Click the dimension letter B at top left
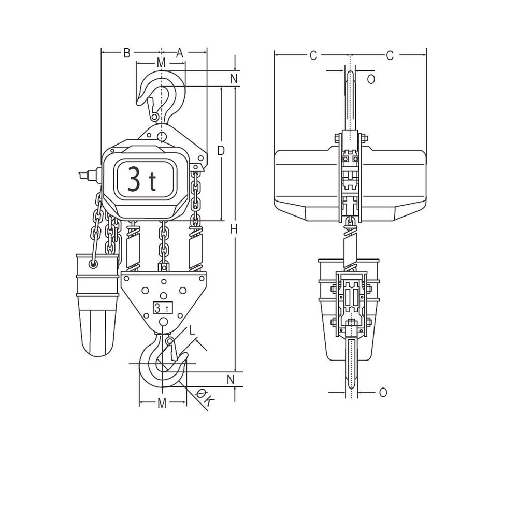click(x=125, y=52)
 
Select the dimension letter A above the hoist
click(x=180, y=52)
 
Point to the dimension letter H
click(x=234, y=228)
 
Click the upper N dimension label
click(x=234, y=79)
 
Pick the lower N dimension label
click(x=234, y=378)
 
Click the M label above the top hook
click(x=161, y=63)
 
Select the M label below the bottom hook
click(x=162, y=404)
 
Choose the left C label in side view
click(x=313, y=56)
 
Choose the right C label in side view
click(x=390, y=56)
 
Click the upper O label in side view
click(x=370, y=79)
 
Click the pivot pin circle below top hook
click(x=162, y=137)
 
